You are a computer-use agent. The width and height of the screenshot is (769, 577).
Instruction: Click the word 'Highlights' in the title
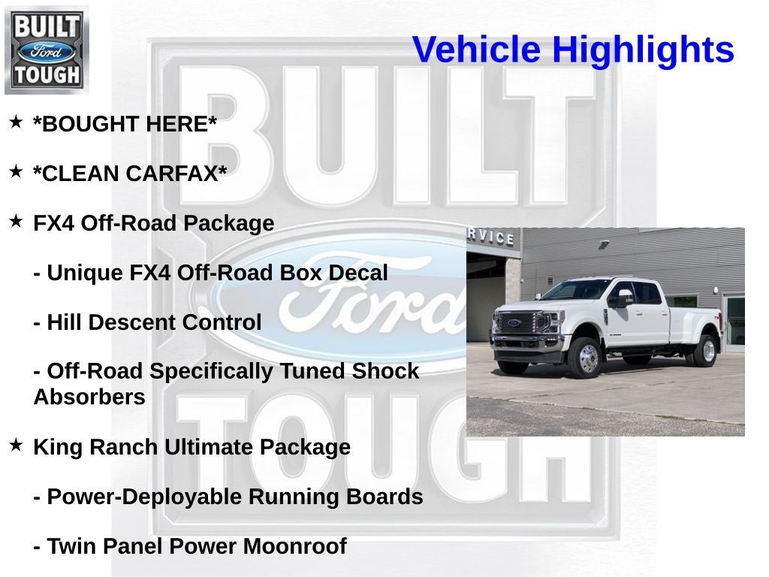[x=643, y=50]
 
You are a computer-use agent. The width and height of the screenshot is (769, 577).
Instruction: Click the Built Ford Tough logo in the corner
[x=47, y=50]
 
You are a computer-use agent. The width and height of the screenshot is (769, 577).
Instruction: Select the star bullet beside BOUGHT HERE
[x=16, y=122]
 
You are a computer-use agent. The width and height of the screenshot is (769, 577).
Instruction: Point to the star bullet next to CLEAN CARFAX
[x=16, y=171]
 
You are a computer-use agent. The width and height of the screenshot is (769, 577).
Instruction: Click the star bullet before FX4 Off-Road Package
[x=16, y=221]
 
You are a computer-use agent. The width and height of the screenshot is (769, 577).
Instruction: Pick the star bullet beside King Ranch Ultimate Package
[x=16, y=445]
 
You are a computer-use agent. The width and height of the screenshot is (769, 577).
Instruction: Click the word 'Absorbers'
[x=89, y=397]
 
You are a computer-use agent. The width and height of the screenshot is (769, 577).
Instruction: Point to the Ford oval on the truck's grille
[x=514, y=323]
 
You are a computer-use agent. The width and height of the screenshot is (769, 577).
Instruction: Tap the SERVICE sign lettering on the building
[x=491, y=236]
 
